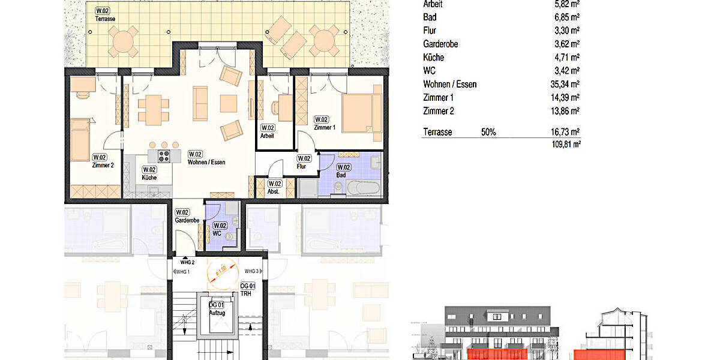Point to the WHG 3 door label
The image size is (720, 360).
252,272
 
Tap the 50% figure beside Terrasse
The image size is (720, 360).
488,132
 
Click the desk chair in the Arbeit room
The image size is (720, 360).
275,107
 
